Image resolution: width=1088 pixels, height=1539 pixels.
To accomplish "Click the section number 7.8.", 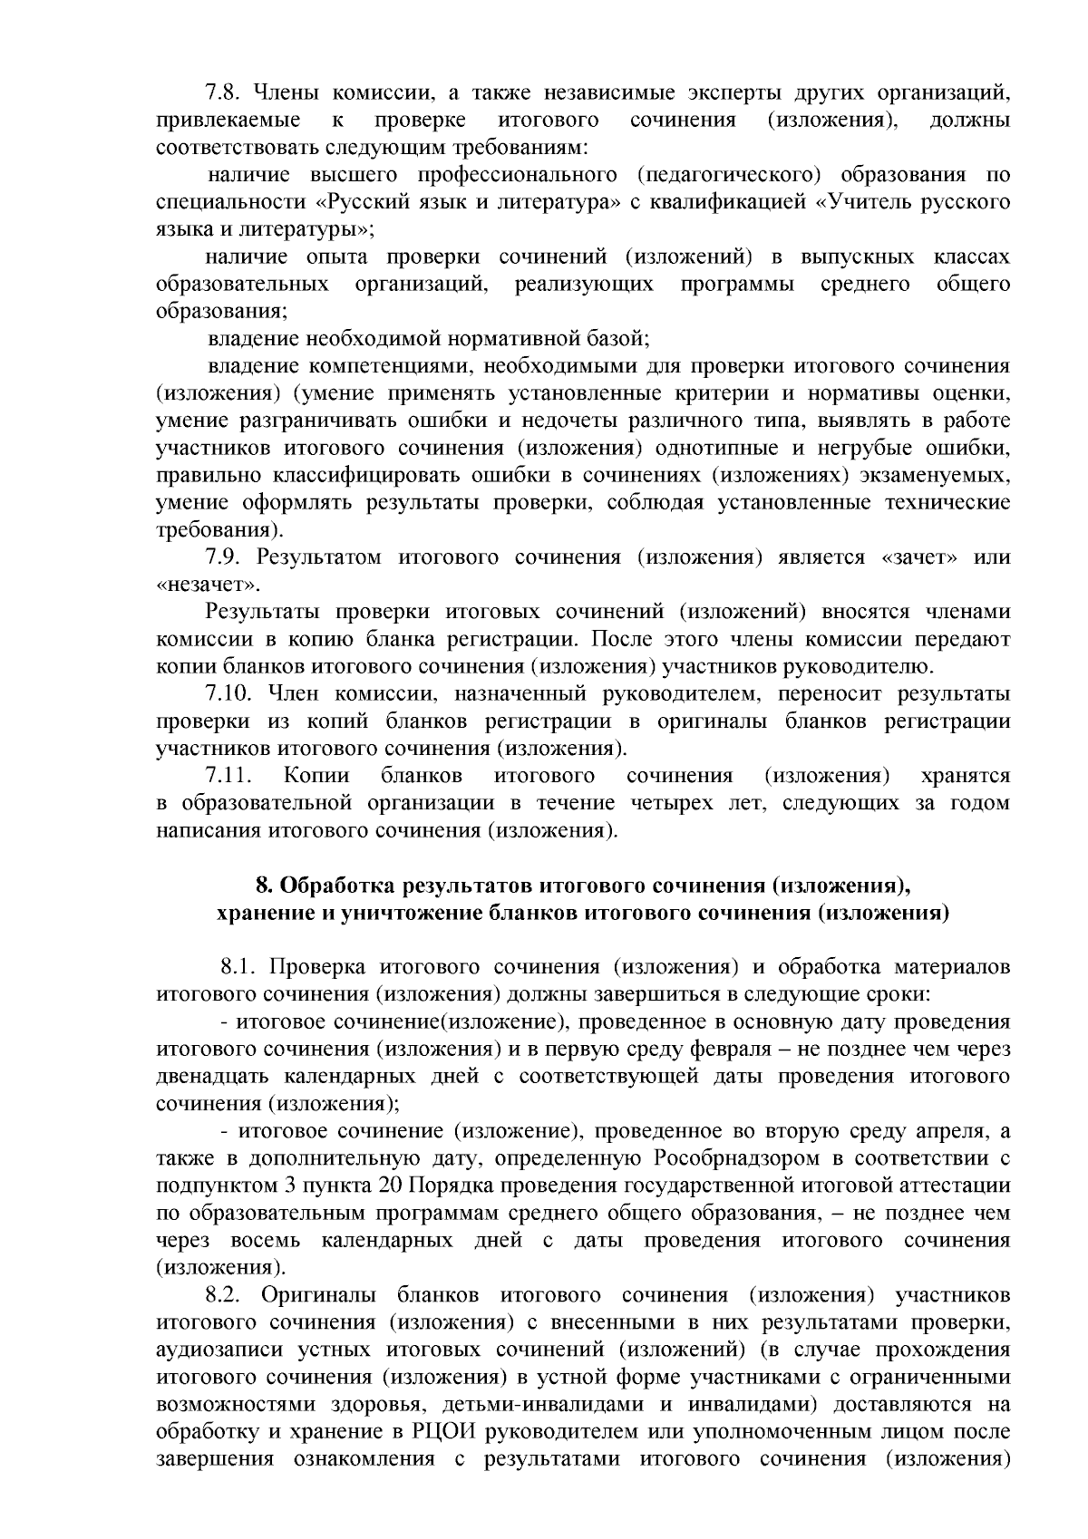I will pos(223,93).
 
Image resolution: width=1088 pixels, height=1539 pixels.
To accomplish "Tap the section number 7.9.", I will pos(223,557).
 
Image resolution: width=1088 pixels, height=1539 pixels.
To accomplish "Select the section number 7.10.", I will pos(229,693).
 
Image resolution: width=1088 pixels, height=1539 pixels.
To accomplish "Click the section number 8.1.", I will pos(240,967).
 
